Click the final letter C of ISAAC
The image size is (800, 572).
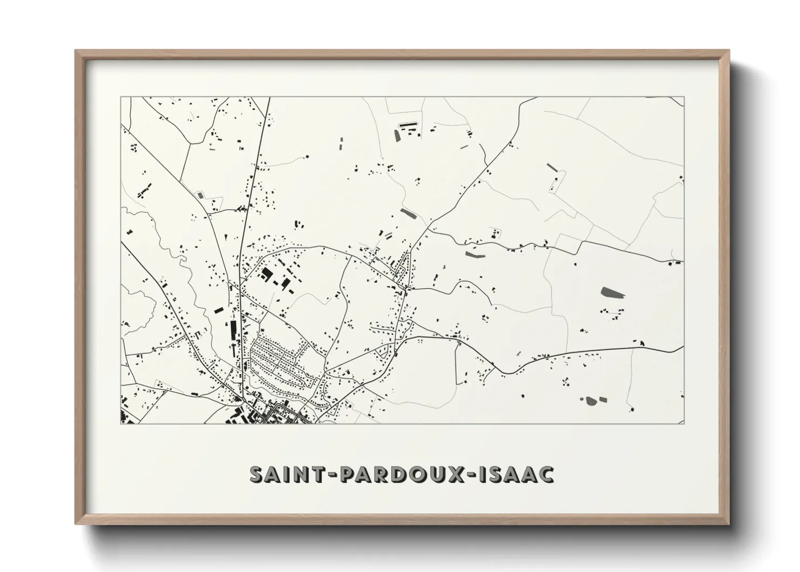547,474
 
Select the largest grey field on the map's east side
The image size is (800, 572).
612,293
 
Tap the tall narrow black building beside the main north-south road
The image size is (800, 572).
234,330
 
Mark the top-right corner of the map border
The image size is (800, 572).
684,97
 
